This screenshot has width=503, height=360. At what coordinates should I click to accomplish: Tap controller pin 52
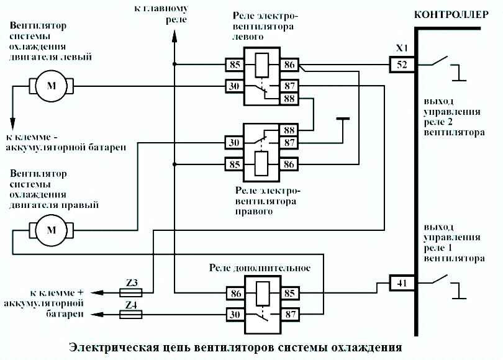402,64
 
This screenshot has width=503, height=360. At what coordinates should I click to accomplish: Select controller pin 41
402,284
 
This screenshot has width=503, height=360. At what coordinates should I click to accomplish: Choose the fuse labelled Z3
131,291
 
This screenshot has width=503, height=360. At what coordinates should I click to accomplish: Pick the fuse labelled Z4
131,315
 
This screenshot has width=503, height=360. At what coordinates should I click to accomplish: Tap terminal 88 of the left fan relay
289,99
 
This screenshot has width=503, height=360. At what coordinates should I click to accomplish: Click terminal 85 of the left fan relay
234,64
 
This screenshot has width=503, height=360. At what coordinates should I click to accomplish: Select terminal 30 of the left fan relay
234,86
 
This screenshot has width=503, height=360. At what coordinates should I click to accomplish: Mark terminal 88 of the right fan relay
289,131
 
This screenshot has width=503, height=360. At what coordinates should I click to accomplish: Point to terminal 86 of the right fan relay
289,165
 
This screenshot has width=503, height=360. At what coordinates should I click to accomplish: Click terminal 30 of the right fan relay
234,143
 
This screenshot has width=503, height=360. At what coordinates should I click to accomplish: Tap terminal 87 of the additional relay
289,315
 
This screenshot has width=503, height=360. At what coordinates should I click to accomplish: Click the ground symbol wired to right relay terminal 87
342,118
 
